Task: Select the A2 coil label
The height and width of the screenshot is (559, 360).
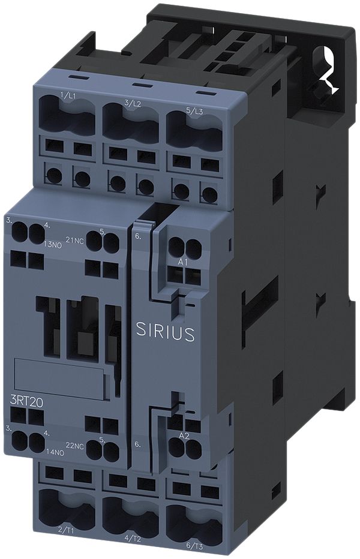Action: (184, 435)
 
